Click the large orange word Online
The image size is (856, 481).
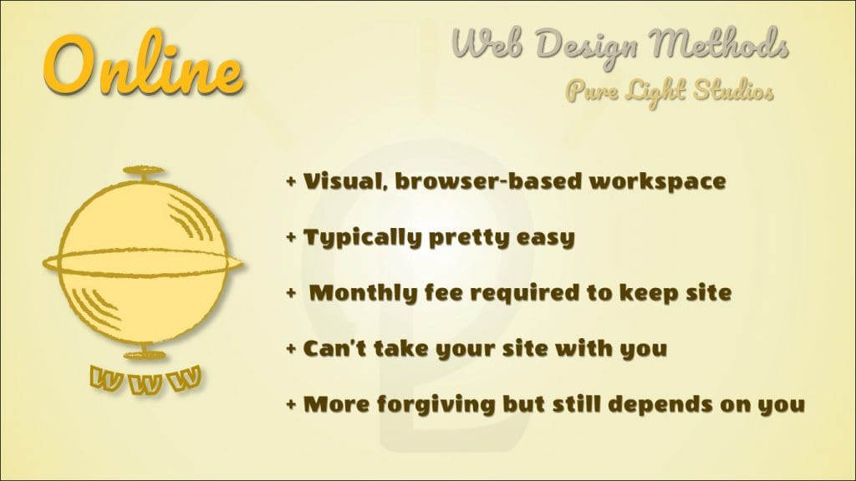pyautogui.click(x=143, y=64)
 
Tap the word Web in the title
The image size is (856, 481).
pyautogui.click(x=486, y=43)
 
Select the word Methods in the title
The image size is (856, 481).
pyautogui.click(x=719, y=43)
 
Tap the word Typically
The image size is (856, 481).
pyautogui.click(x=362, y=238)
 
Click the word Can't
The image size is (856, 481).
pyautogui.click(x=334, y=348)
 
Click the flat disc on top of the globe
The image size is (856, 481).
pyautogui.click(x=143, y=170)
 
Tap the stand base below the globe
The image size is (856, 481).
pyautogui.click(x=144, y=355)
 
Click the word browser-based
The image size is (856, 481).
pyautogui.click(x=488, y=181)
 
